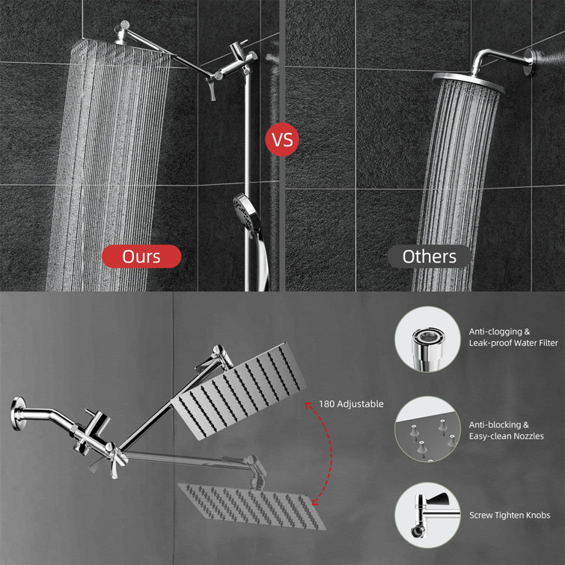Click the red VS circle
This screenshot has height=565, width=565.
(282, 139)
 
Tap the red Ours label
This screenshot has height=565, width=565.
(141, 257)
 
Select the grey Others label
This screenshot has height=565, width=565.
(429, 257)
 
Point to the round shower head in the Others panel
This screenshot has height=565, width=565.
(464, 77)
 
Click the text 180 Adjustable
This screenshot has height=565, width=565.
(350, 403)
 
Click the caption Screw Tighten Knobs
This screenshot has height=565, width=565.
(510, 515)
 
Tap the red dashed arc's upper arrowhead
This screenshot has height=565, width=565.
(307, 405)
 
